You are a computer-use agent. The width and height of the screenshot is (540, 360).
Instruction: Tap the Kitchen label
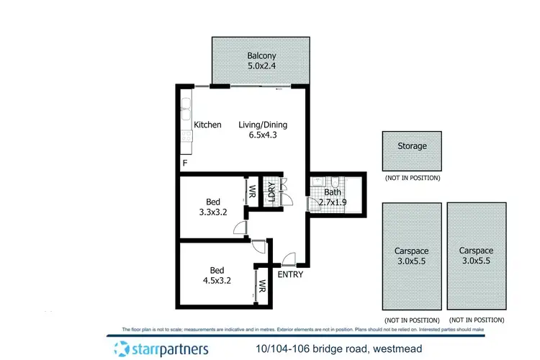[x=207, y=125]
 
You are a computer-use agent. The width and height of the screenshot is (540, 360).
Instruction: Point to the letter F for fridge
[x=185, y=163]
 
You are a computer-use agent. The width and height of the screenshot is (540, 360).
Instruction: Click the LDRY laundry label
[x=272, y=193]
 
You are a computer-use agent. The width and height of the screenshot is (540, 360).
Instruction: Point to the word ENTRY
[x=290, y=274]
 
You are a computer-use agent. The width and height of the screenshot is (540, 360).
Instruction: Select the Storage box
[x=412, y=150]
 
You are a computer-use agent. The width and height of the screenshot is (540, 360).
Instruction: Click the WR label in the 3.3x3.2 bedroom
[x=253, y=192]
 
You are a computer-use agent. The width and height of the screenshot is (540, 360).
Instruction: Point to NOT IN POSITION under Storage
[x=412, y=177]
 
